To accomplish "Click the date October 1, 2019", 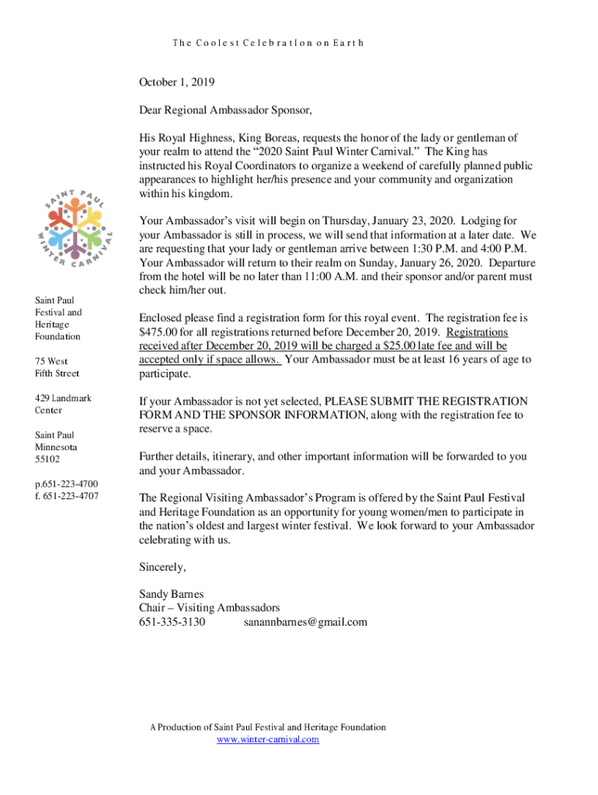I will pyautogui.click(x=176, y=82).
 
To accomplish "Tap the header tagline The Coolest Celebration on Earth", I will pyautogui.click(x=267, y=43).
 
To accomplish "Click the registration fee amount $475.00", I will pyautogui.click(x=161, y=332).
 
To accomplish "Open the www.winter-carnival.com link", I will pyautogui.click(x=268, y=739).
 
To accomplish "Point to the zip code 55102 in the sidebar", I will pyautogui.click(x=47, y=460).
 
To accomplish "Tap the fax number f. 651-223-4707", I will pyautogui.click(x=66, y=495).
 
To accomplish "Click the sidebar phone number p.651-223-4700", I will pyautogui.click(x=66, y=483).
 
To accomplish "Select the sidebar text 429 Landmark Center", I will pyautogui.click(x=62, y=404).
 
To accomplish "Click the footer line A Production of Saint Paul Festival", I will pyautogui.click(x=268, y=727).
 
